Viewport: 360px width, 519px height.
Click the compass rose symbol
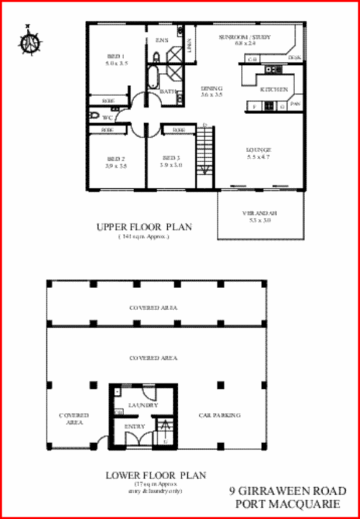pyautogui.click(x=29, y=41)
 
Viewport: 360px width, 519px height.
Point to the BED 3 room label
pyautogui.click(x=170, y=158)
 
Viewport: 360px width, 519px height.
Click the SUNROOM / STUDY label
pyautogui.click(x=245, y=37)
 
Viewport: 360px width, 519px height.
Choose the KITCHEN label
pyautogui.click(x=274, y=90)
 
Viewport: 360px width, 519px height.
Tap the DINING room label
pyautogui.click(x=212, y=88)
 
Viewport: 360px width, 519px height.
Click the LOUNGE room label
pyautogui.click(x=258, y=150)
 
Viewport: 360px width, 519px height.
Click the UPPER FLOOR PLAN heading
pyautogui.click(x=144, y=228)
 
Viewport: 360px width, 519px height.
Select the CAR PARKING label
pyautogui.click(x=220, y=415)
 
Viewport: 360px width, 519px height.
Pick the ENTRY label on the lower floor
pyautogui.click(x=135, y=427)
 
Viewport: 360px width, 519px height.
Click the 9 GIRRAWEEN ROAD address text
pyautogui.click(x=285, y=491)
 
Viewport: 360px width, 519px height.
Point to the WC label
pyautogui.click(x=107, y=117)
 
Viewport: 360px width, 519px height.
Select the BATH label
pyautogui.click(x=168, y=92)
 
